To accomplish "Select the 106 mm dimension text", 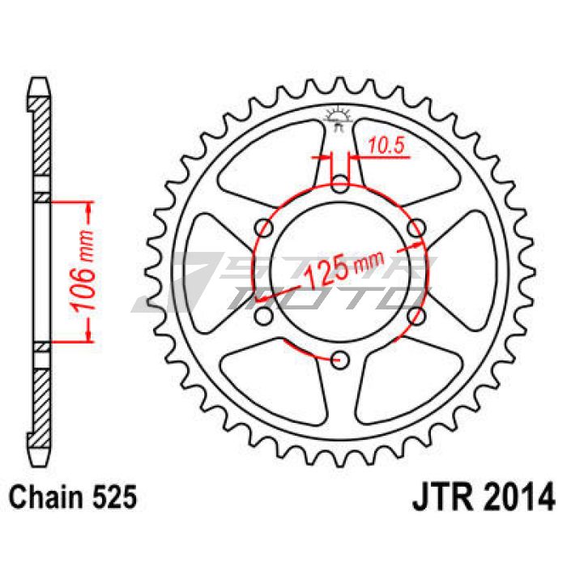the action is [83, 271].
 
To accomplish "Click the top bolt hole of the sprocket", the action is [339, 184].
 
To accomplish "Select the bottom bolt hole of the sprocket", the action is [339, 360].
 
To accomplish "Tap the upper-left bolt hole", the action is [263, 228].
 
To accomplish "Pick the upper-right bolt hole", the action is [416, 228].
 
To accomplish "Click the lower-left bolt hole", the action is [263, 316].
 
